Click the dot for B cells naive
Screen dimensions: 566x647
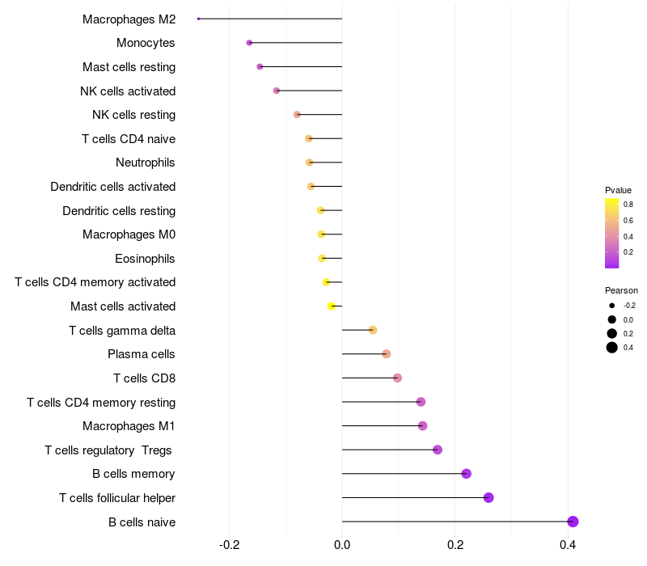click(x=573, y=522)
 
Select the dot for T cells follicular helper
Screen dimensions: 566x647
click(x=488, y=497)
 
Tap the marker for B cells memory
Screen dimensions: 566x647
click(x=466, y=474)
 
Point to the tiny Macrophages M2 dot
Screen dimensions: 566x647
click(x=198, y=19)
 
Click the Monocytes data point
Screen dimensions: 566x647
click(x=249, y=43)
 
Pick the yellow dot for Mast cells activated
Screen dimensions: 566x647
click(x=332, y=306)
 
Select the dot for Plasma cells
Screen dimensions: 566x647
click(x=386, y=354)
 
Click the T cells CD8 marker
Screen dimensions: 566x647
click(x=397, y=378)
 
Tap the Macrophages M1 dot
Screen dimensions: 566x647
click(x=422, y=426)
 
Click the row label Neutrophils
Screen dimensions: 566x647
click(x=146, y=163)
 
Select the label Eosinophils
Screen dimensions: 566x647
click(x=146, y=259)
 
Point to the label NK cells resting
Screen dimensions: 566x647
click(x=133, y=115)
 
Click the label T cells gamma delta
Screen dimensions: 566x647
click(x=122, y=330)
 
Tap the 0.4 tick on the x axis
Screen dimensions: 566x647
click(x=568, y=544)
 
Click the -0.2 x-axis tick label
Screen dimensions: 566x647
click(x=230, y=544)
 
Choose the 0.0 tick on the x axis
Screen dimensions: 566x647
click(x=342, y=544)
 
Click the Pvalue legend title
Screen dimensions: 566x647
click(x=618, y=190)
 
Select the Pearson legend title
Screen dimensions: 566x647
click(x=621, y=290)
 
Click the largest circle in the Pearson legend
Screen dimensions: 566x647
click(x=612, y=348)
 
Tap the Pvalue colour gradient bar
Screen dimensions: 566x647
click(x=612, y=233)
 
